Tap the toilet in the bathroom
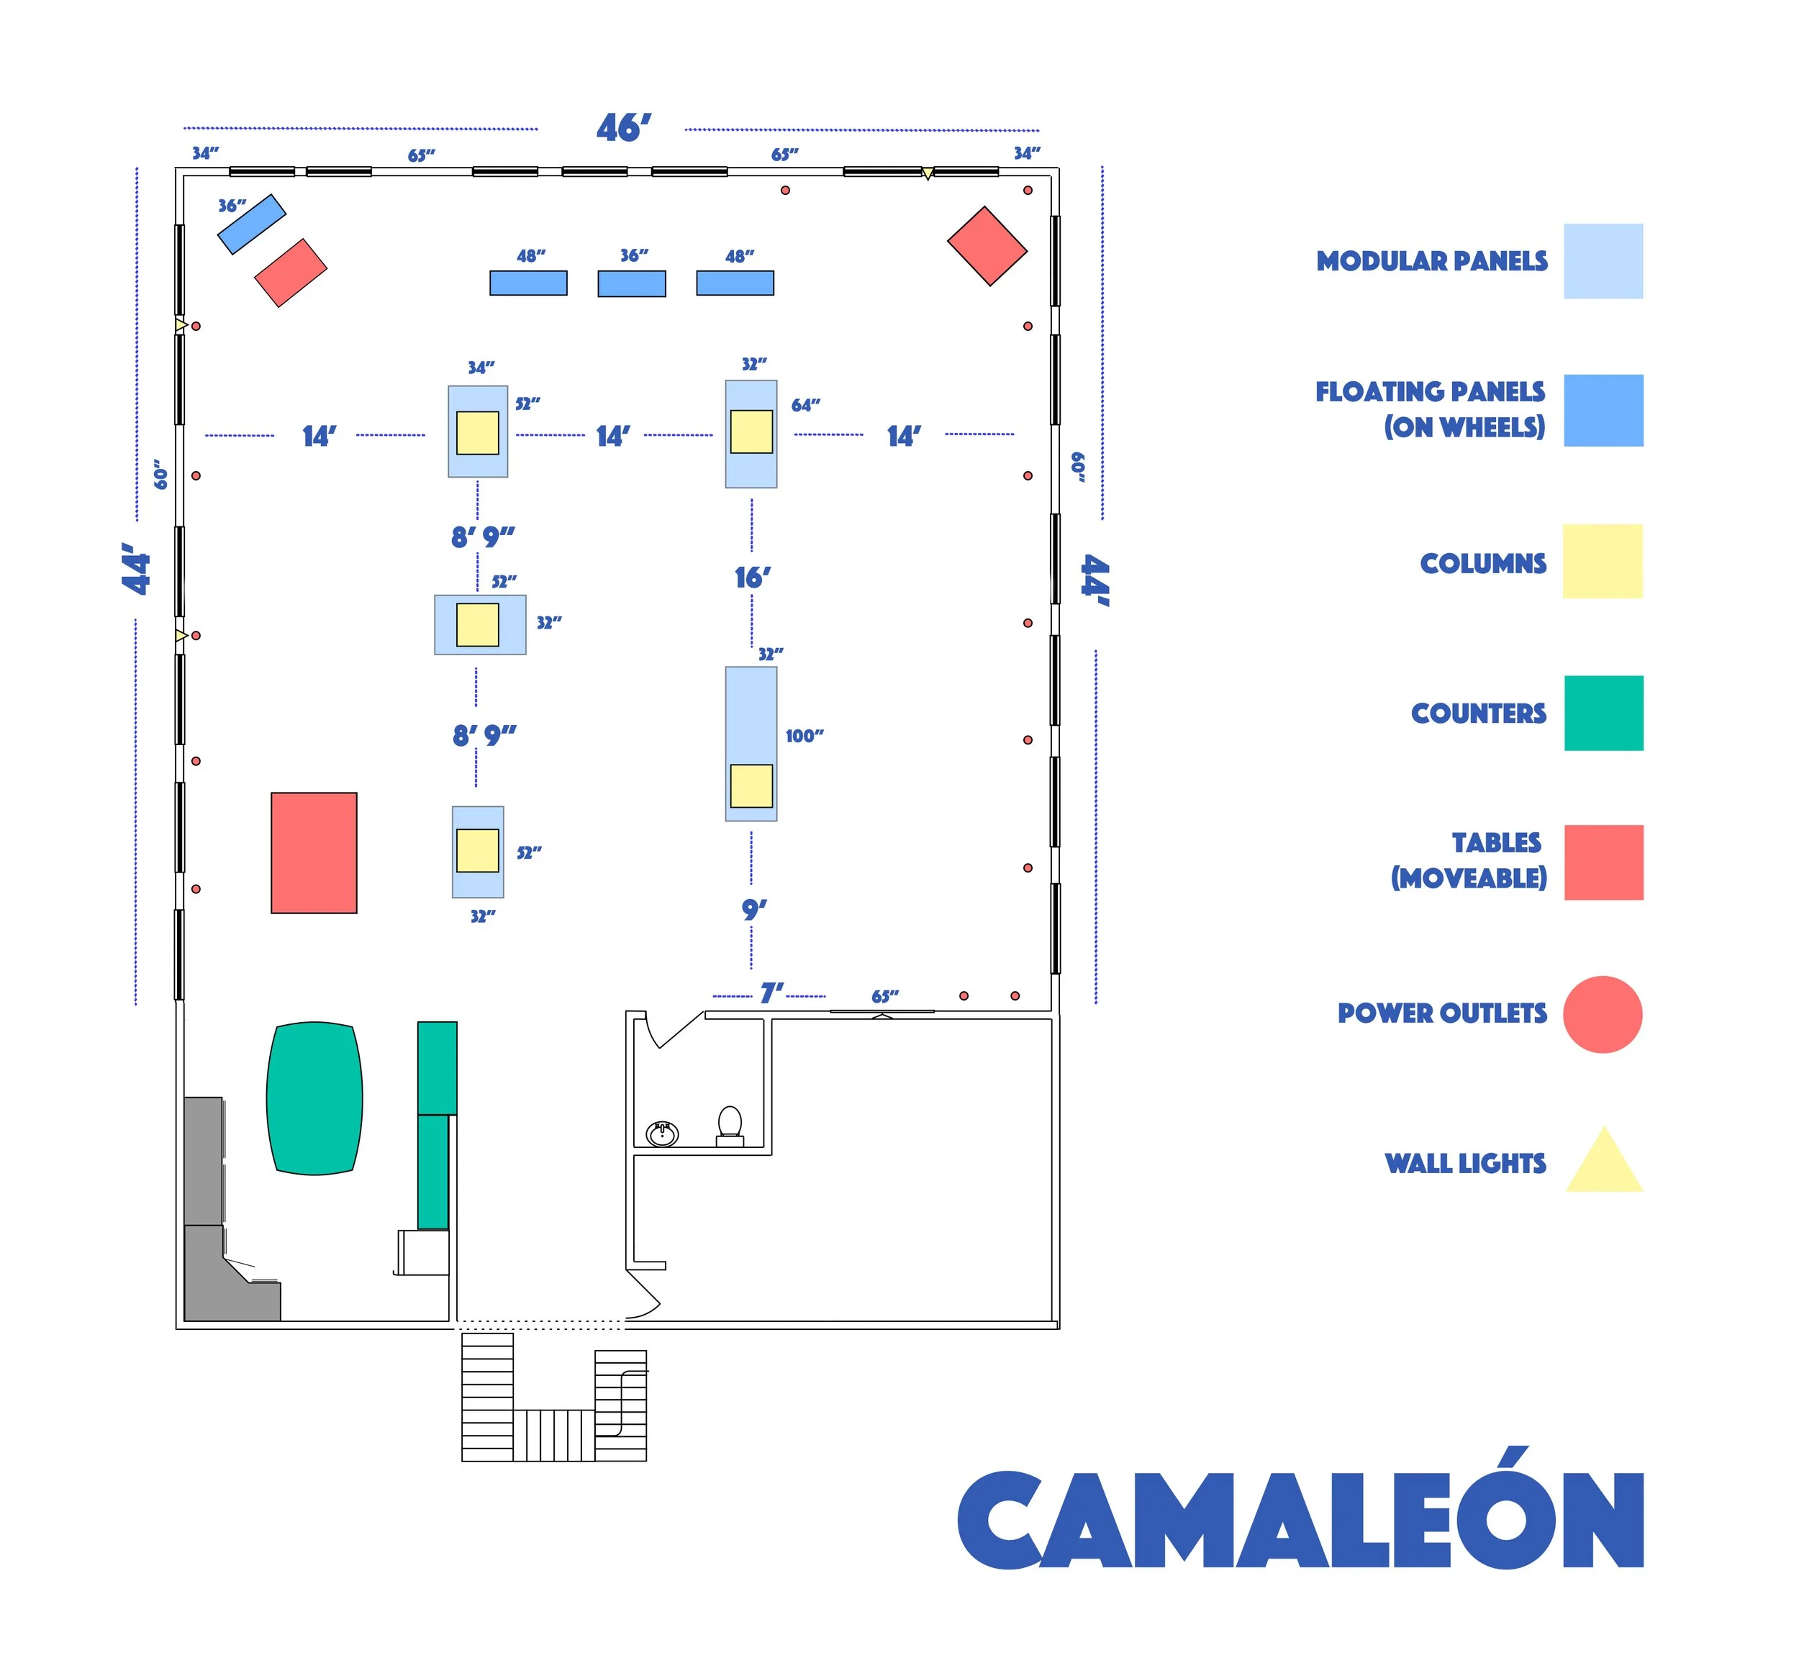730,1125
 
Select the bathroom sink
662,1134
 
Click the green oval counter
314,1098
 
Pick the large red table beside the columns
314,852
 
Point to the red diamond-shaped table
987,246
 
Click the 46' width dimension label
624,128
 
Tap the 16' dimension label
753,578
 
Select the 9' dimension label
754,910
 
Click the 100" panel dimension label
805,736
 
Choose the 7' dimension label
771,993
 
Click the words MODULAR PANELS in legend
1432,262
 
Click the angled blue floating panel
252,224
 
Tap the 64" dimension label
805,406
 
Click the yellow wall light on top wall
928,173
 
